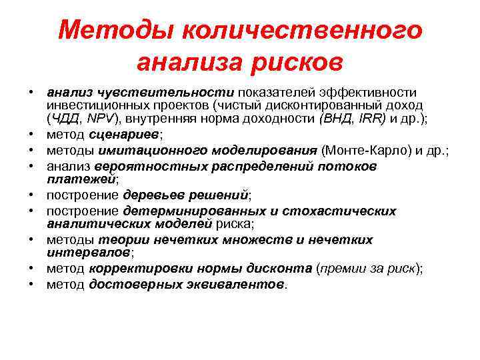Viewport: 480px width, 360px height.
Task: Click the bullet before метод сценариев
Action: point(31,135)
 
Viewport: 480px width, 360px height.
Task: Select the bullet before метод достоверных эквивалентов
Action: point(31,284)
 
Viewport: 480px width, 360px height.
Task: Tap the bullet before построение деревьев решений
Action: point(31,195)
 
